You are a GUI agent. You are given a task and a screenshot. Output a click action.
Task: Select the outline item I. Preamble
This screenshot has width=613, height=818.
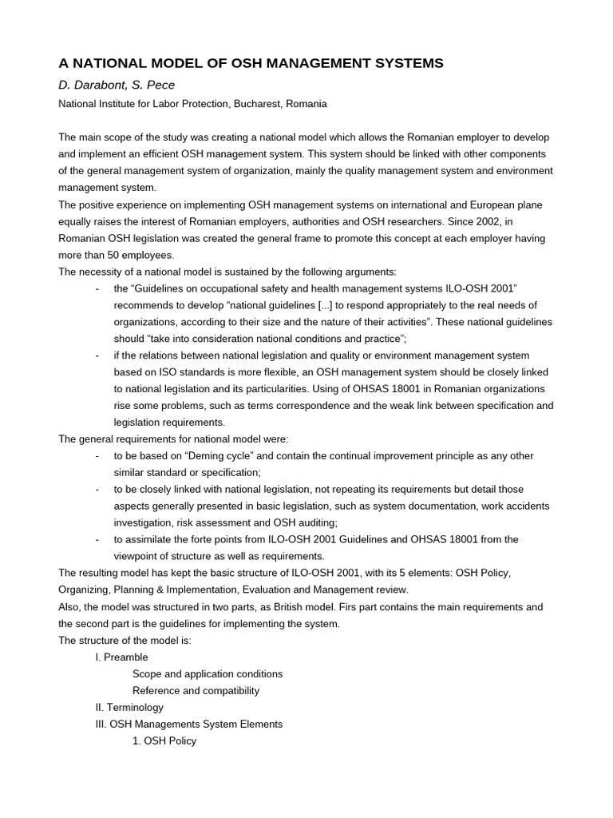121,657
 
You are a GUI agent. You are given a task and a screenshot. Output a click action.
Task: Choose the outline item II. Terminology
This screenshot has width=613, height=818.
129,707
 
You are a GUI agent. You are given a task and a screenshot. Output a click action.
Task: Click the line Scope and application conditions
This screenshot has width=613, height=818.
208,673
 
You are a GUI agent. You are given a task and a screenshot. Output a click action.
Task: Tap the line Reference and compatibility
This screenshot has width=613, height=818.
196,690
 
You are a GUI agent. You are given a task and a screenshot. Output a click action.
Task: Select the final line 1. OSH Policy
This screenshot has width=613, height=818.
164,741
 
